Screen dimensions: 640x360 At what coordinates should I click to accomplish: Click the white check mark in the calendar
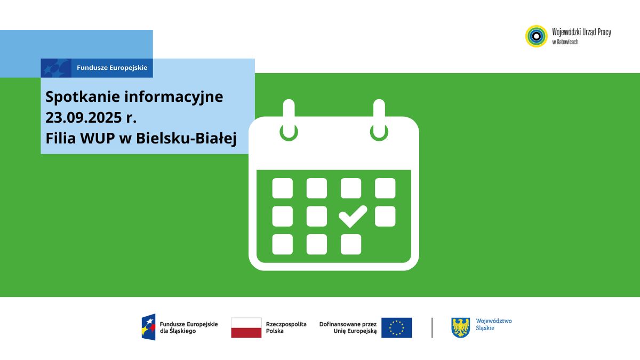353,217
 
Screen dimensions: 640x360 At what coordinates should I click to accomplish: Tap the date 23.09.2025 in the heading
83,117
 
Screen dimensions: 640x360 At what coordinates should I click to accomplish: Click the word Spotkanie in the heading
83,97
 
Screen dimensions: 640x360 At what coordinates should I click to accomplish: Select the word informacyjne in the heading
174,97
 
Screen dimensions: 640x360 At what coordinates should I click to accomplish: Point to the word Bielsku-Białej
186,139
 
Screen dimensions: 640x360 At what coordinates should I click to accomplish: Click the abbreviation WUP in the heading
98,138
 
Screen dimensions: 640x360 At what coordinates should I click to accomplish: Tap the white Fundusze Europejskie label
112,68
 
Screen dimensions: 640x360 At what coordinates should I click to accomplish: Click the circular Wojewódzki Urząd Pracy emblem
537,36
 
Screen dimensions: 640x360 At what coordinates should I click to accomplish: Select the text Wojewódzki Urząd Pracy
581,32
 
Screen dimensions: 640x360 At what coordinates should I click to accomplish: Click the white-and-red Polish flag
246,327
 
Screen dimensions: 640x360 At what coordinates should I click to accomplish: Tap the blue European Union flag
397,327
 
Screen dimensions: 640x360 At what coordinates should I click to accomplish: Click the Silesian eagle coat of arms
460,327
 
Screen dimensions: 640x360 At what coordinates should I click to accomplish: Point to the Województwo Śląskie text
494,325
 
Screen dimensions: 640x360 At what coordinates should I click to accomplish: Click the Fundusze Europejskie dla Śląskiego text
189,327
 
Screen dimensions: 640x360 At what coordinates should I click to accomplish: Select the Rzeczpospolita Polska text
286,327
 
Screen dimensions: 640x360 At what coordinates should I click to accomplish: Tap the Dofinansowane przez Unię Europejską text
348,327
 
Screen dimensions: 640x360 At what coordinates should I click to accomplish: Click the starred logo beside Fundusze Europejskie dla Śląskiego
149,327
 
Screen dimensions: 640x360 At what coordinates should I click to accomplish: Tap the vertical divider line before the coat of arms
432,327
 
